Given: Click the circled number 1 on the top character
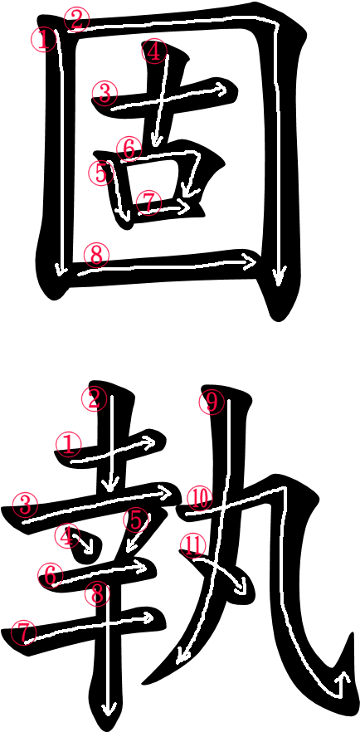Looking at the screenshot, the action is click(x=44, y=40).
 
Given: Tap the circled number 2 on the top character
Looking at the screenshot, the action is click(x=77, y=20).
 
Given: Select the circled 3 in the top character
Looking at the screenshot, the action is click(x=105, y=93).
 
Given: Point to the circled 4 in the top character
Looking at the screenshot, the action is click(x=154, y=51).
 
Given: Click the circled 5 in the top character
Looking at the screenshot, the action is click(x=101, y=173).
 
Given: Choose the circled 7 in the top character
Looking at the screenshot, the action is click(x=148, y=203).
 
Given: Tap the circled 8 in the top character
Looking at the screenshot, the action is click(x=96, y=256).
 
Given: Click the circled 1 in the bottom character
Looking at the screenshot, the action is click(x=69, y=445).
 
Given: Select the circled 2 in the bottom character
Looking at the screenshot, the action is click(x=95, y=400).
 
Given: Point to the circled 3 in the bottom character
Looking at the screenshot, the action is click(x=26, y=505).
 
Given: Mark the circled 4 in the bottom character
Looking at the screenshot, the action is click(x=68, y=536).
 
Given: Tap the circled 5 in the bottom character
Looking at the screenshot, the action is click(x=136, y=520).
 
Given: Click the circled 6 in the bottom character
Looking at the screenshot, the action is click(x=51, y=574).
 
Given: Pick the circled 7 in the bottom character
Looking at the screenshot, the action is click(x=24, y=633).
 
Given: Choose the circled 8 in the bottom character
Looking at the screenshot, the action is click(x=97, y=594).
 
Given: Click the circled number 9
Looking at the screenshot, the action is click(x=212, y=403).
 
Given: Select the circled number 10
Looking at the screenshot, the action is click(x=200, y=499).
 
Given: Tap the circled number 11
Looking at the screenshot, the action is click(x=193, y=545).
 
